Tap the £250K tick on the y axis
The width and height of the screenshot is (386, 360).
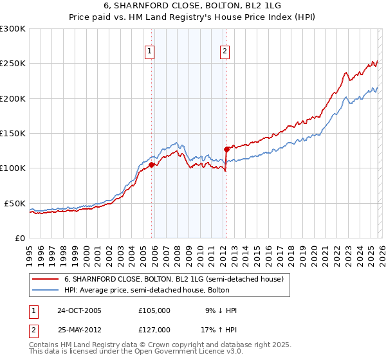coord(13,64)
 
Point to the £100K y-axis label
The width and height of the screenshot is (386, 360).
coord(13,168)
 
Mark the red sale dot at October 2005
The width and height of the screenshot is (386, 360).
coord(152,165)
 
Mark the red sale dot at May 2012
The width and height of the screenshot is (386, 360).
coord(226,149)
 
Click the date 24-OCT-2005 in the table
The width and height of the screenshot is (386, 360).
coord(80,310)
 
